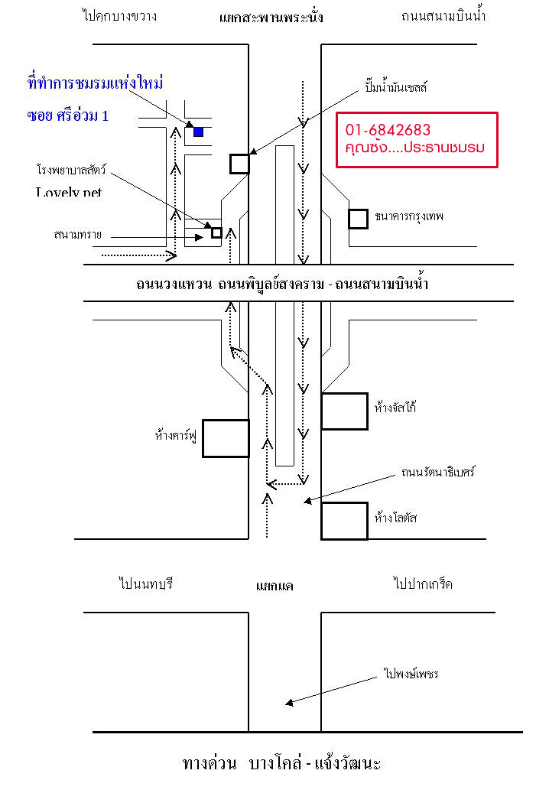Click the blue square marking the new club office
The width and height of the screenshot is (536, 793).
(x=198, y=132)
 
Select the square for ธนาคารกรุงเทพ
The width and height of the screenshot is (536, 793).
(x=358, y=219)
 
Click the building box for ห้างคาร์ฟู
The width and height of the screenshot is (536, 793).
(x=226, y=438)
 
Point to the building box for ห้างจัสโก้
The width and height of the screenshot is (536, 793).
(x=344, y=411)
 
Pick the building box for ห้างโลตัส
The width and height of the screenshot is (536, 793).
(x=344, y=521)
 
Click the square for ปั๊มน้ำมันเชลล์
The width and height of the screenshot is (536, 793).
(x=239, y=164)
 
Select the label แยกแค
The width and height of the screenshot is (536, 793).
(x=274, y=587)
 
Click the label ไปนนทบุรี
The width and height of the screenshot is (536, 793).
(x=147, y=584)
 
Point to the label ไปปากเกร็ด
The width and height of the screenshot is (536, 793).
(x=423, y=584)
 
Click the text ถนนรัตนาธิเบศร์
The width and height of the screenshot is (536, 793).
(x=438, y=472)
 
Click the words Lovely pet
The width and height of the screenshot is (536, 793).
(x=69, y=192)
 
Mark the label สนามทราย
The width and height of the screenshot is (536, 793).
(x=78, y=234)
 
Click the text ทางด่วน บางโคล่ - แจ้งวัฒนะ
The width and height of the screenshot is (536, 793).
(x=281, y=763)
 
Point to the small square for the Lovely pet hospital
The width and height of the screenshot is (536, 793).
(x=216, y=232)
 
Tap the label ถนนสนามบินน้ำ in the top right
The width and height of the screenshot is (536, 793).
(x=443, y=15)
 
